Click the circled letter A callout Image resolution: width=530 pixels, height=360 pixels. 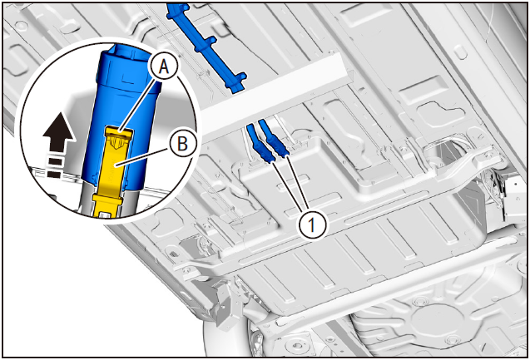pyautogui.click(x=164, y=67)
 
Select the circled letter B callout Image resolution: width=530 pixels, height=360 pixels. pyautogui.click(x=183, y=144)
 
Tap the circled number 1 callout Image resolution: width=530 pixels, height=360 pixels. pyautogui.click(x=312, y=224)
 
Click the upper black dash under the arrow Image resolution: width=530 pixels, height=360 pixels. pyautogui.click(x=56, y=161)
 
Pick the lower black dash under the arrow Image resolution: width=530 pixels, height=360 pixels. pyautogui.click(x=55, y=175)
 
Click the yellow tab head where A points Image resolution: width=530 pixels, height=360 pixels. pyautogui.click(x=118, y=134)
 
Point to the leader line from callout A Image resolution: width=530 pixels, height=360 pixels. pyautogui.click(x=139, y=102)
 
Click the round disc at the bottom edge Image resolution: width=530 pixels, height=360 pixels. pyautogui.click(x=297, y=345)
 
